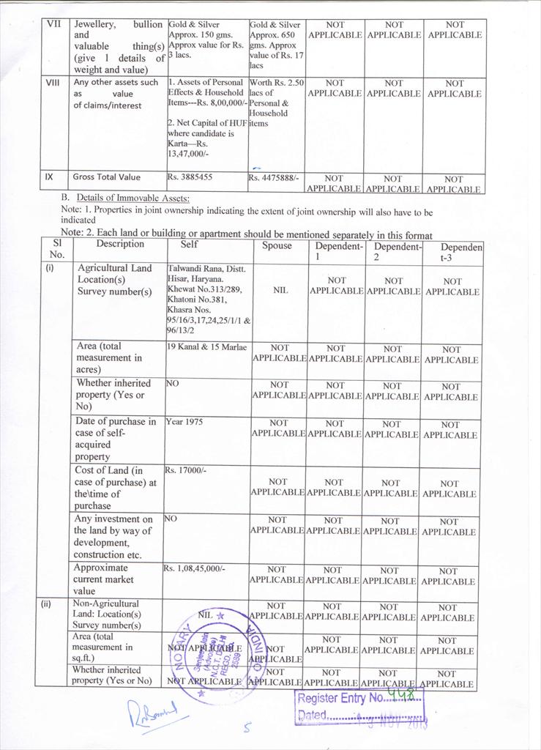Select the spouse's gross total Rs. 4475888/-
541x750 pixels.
[x=275, y=177]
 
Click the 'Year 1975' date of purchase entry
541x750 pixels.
[x=184, y=422]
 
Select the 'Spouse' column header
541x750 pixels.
[x=277, y=245]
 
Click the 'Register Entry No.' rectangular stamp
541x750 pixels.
[x=359, y=706]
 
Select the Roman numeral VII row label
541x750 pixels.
[x=54, y=24]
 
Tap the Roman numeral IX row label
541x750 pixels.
[x=49, y=177]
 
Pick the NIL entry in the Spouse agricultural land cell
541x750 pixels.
[x=280, y=290]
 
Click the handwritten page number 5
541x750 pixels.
[x=247, y=728]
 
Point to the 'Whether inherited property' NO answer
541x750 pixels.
[x=173, y=383]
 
